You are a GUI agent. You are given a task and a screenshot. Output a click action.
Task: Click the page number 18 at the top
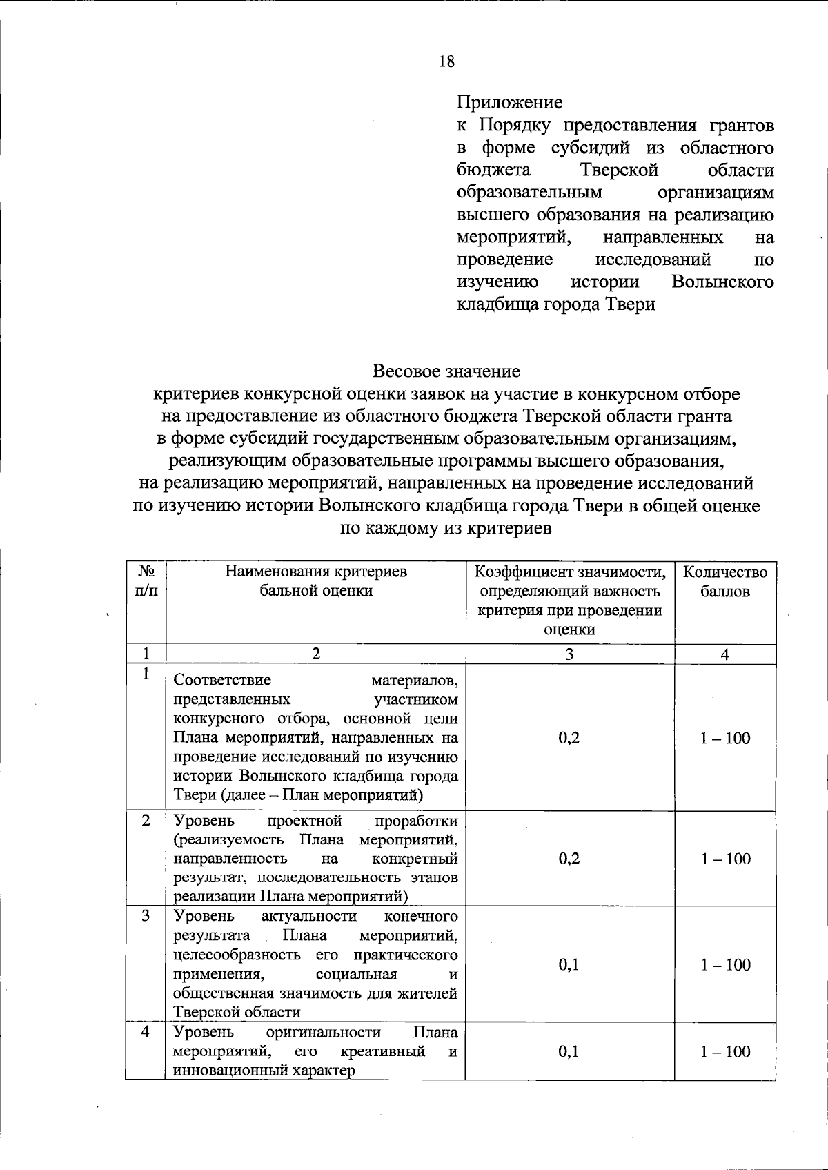[446, 61]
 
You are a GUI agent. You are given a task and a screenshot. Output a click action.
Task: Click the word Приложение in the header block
[509, 103]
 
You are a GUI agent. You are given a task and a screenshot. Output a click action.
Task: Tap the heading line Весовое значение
[446, 371]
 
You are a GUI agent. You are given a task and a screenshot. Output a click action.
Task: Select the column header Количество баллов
[724, 582]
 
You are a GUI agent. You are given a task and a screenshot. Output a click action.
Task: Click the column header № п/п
[146, 581]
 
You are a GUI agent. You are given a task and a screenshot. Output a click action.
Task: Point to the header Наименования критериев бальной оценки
[316, 581]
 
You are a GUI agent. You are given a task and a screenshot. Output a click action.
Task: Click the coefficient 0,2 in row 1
[569, 738]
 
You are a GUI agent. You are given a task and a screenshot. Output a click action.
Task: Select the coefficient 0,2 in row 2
[569, 858]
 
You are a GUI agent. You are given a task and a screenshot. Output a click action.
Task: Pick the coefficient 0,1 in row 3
[569, 964]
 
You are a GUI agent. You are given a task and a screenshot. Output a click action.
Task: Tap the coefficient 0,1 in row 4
[569, 1051]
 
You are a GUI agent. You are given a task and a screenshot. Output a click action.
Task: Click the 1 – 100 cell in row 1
[725, 738]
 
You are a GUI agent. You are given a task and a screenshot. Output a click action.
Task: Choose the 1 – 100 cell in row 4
[725, 1051]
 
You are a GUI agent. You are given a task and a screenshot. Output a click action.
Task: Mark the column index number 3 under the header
[569, 654]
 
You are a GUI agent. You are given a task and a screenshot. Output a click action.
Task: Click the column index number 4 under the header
[725, 654]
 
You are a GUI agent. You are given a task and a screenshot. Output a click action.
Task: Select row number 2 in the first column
[146, 821]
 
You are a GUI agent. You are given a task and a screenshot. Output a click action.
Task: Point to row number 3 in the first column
[146, 916]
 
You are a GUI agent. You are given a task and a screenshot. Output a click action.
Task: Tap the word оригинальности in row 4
[324, 1033]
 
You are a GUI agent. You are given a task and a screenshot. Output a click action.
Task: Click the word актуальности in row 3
[309, 916]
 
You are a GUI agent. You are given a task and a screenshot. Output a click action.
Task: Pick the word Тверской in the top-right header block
[619, 170]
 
